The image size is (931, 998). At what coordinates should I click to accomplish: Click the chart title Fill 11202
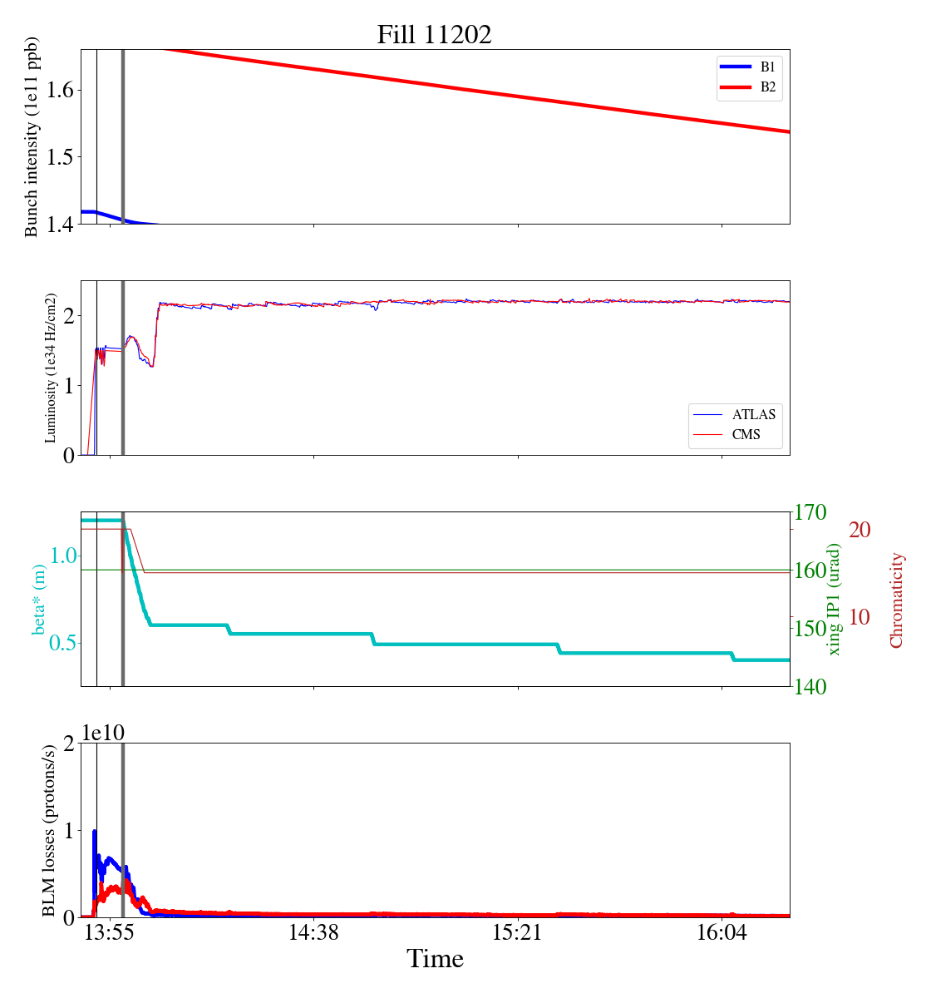(434, 34)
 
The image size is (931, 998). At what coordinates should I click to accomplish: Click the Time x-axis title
(435, 959)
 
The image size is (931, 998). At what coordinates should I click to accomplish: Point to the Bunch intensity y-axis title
(32, 137)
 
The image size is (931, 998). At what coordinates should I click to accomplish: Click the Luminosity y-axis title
(50, 368)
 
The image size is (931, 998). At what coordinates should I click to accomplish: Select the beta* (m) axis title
(39, 599)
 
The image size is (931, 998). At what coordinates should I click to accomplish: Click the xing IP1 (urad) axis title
(835, 599)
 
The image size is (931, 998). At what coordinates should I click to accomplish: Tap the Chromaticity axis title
(896, 599)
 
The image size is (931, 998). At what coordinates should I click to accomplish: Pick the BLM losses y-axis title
(50, 830)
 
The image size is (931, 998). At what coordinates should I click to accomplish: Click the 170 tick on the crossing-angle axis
(810, 512)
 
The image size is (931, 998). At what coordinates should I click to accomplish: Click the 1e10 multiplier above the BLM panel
(102, 732)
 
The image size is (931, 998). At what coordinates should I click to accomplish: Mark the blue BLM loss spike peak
(94, 831)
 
